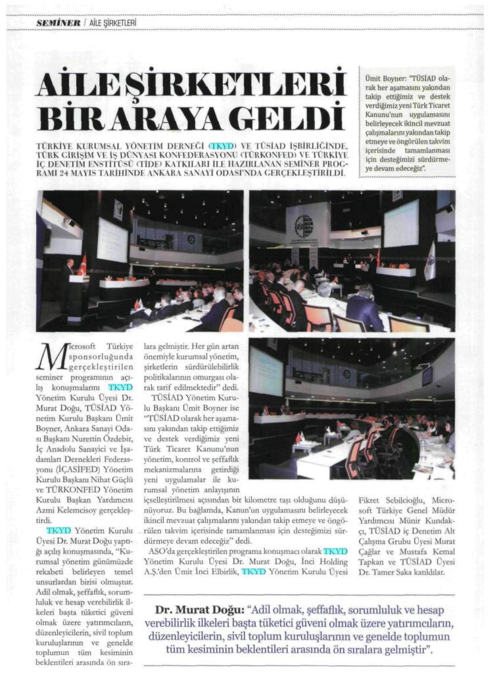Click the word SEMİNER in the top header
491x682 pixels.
pyautogui.click(x=58, y=22)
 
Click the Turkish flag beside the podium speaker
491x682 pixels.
pyautogui.click(x=82, y=265)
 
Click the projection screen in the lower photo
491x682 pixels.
pyautogui.click(x=266, y=371)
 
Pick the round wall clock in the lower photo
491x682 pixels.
pyautogui.click(x=346, y=374)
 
